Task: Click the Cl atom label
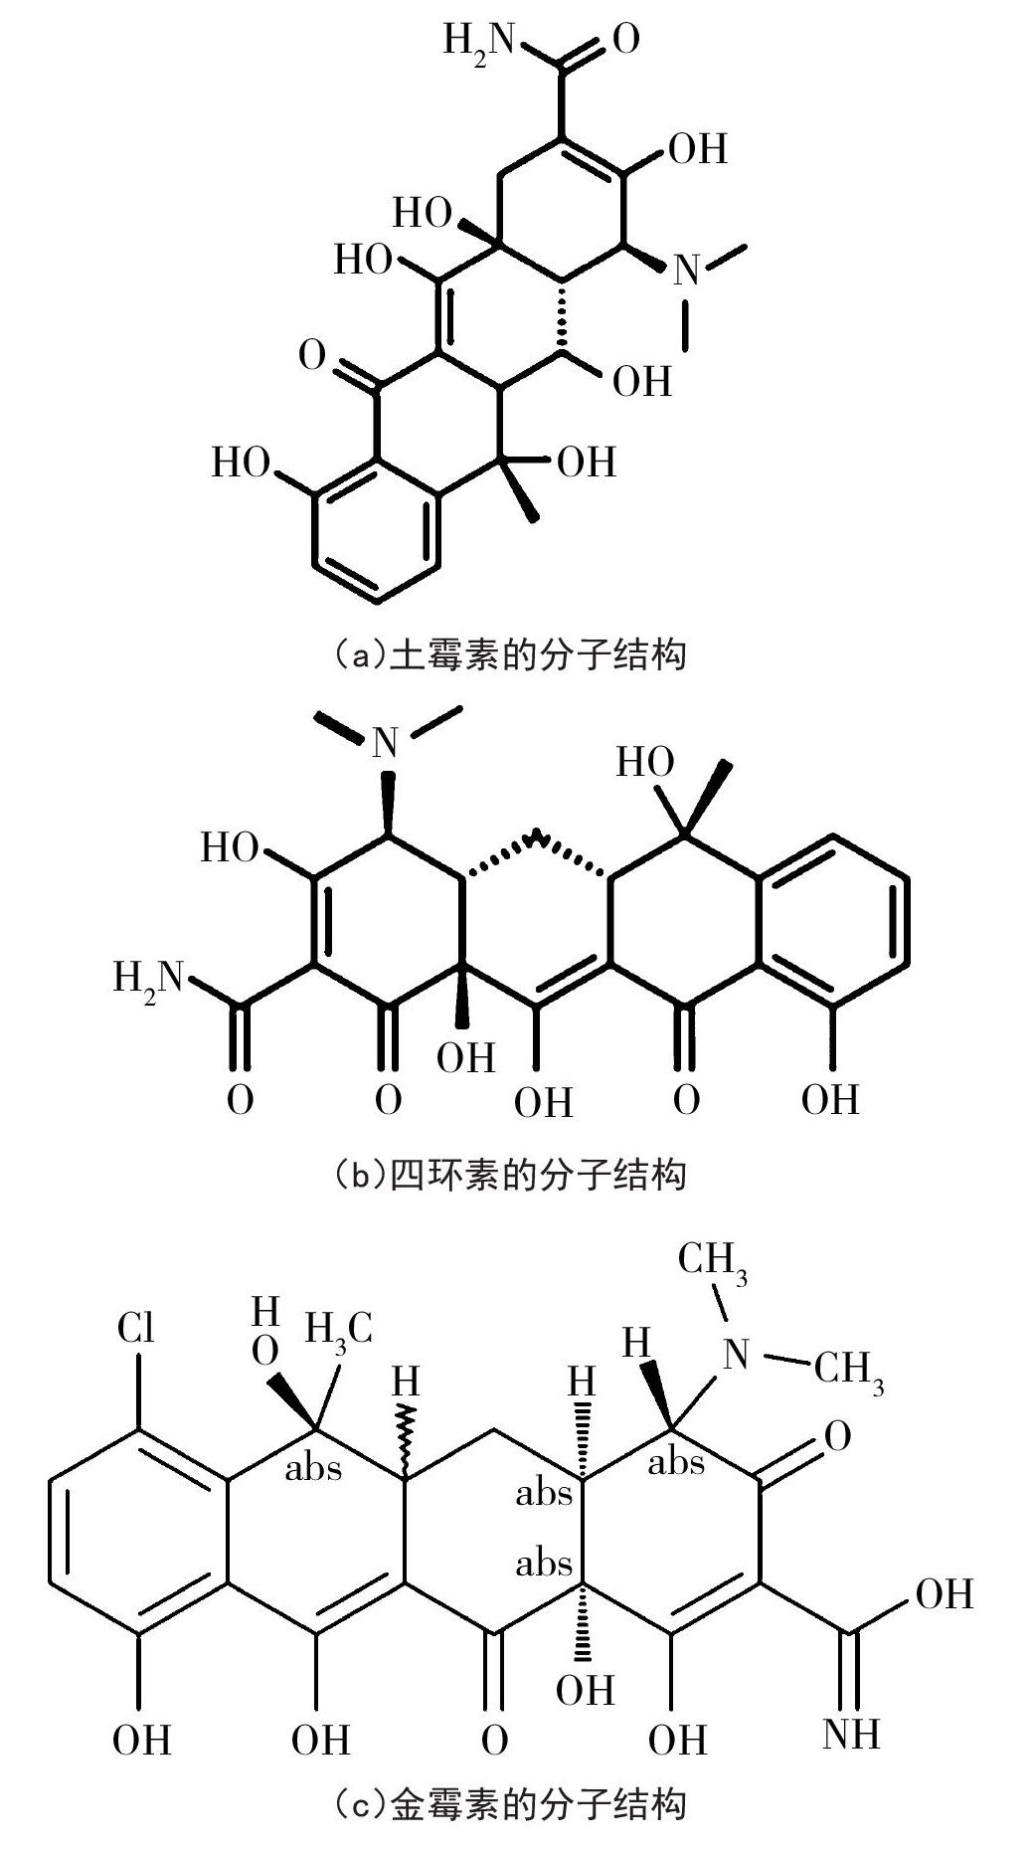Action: [x=136, y=1328]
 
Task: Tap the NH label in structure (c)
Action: [x=851, y=1734]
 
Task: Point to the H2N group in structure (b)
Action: [x=149, y=978]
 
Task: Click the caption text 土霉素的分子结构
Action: [x=510, y=655]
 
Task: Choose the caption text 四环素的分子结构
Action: [x=510, y=1175]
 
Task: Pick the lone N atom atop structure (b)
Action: [x=387, y=742]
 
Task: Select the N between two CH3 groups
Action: [x=736, y=1353]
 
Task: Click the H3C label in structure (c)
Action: [x=338, y=1328]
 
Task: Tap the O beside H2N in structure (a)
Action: [x=626, y=40]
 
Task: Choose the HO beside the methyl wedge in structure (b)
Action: [x=645, y=763]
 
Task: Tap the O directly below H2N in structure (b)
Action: [x=240, y=1100]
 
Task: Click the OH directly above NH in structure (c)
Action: [x=944, y=1594]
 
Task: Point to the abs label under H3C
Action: [x=313, y=1469]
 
